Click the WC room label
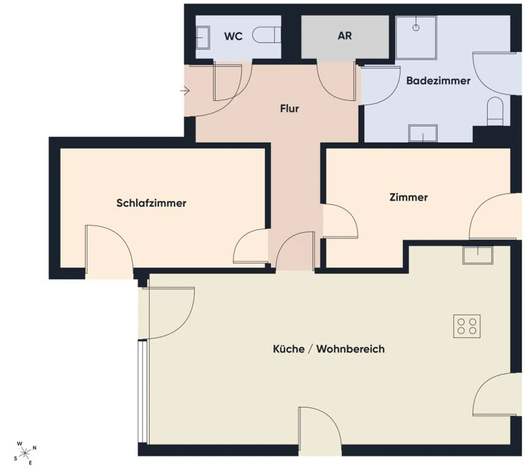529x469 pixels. tap(233, 36)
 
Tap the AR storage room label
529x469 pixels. tap(345, 36)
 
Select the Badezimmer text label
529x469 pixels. tap(438, 81)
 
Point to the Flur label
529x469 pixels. tap(289, 109)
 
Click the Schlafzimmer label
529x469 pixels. tap(151, 203)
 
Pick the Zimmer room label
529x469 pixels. tap(408, 197)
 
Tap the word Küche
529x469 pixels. tap(289, 349)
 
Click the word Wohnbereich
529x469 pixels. tap(350, 349)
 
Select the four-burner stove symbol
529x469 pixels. tap(467, 326)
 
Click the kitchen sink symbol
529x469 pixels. tap(478, 255)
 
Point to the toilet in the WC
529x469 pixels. tap(267, 34)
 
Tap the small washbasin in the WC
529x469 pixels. tap(203, 38)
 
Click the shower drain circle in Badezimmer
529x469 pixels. tap(416, 28)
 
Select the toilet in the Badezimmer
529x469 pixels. tap(495, 112)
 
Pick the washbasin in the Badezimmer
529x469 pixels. tap(423, 133)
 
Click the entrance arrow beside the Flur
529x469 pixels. tap(185, 91)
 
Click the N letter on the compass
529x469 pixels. tap(34, 448)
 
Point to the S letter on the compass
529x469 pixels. tap(15, 459)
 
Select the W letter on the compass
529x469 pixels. tap(20, 443)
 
